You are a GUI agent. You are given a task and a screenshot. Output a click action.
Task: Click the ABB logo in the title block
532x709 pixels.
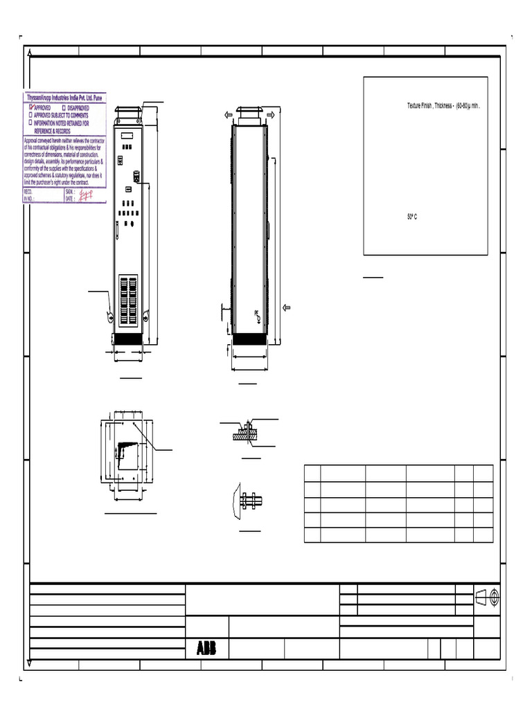(206, 649)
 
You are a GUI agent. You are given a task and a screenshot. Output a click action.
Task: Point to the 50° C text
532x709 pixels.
(412, 217)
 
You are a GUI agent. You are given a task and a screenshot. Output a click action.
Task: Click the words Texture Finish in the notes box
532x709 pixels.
(419, 106)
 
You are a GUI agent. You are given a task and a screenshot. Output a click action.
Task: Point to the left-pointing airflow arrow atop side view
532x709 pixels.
(228, 114)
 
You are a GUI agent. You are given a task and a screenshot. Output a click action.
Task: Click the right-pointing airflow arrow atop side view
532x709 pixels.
(271, 114)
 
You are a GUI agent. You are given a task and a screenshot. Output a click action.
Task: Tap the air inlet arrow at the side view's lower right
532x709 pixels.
(286, 307)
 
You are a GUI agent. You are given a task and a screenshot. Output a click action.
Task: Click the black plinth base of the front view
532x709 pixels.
(127, 340)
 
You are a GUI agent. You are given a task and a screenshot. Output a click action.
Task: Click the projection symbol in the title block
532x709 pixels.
(487, 598)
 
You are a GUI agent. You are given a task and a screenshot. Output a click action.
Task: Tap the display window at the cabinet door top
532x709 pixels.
(128, 134)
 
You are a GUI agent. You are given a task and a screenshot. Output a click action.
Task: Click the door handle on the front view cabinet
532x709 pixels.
(137, 177)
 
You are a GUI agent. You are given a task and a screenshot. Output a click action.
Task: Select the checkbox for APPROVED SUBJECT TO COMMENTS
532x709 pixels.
(31, 116)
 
